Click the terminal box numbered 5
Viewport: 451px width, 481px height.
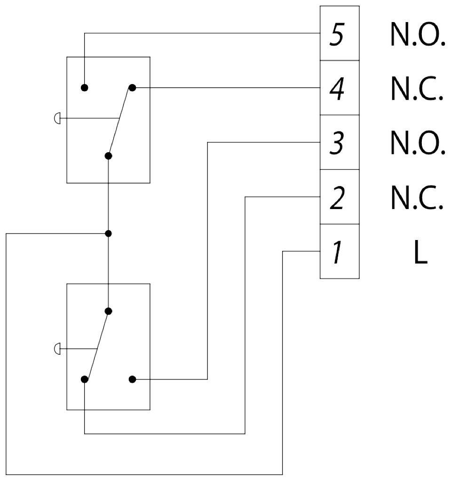coord(340,33)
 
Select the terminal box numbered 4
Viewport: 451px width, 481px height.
coord(340,88)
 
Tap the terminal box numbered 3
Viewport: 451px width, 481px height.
coord(340,142)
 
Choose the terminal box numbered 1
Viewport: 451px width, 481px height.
coord(340,251)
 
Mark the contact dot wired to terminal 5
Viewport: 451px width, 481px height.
coord(85,88)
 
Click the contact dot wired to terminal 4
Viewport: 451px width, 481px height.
coord(132,88)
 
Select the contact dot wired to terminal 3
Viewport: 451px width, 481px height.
coord(132,379)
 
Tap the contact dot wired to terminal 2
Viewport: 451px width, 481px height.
coord(85,379)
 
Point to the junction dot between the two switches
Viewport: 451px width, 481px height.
coord(109,233)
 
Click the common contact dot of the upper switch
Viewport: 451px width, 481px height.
coord(109,155)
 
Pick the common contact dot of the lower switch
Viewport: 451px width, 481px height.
coord(109,311)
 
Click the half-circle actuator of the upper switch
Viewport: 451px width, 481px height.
coord(57,118)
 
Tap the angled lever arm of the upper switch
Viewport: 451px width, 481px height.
coord(120,121)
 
